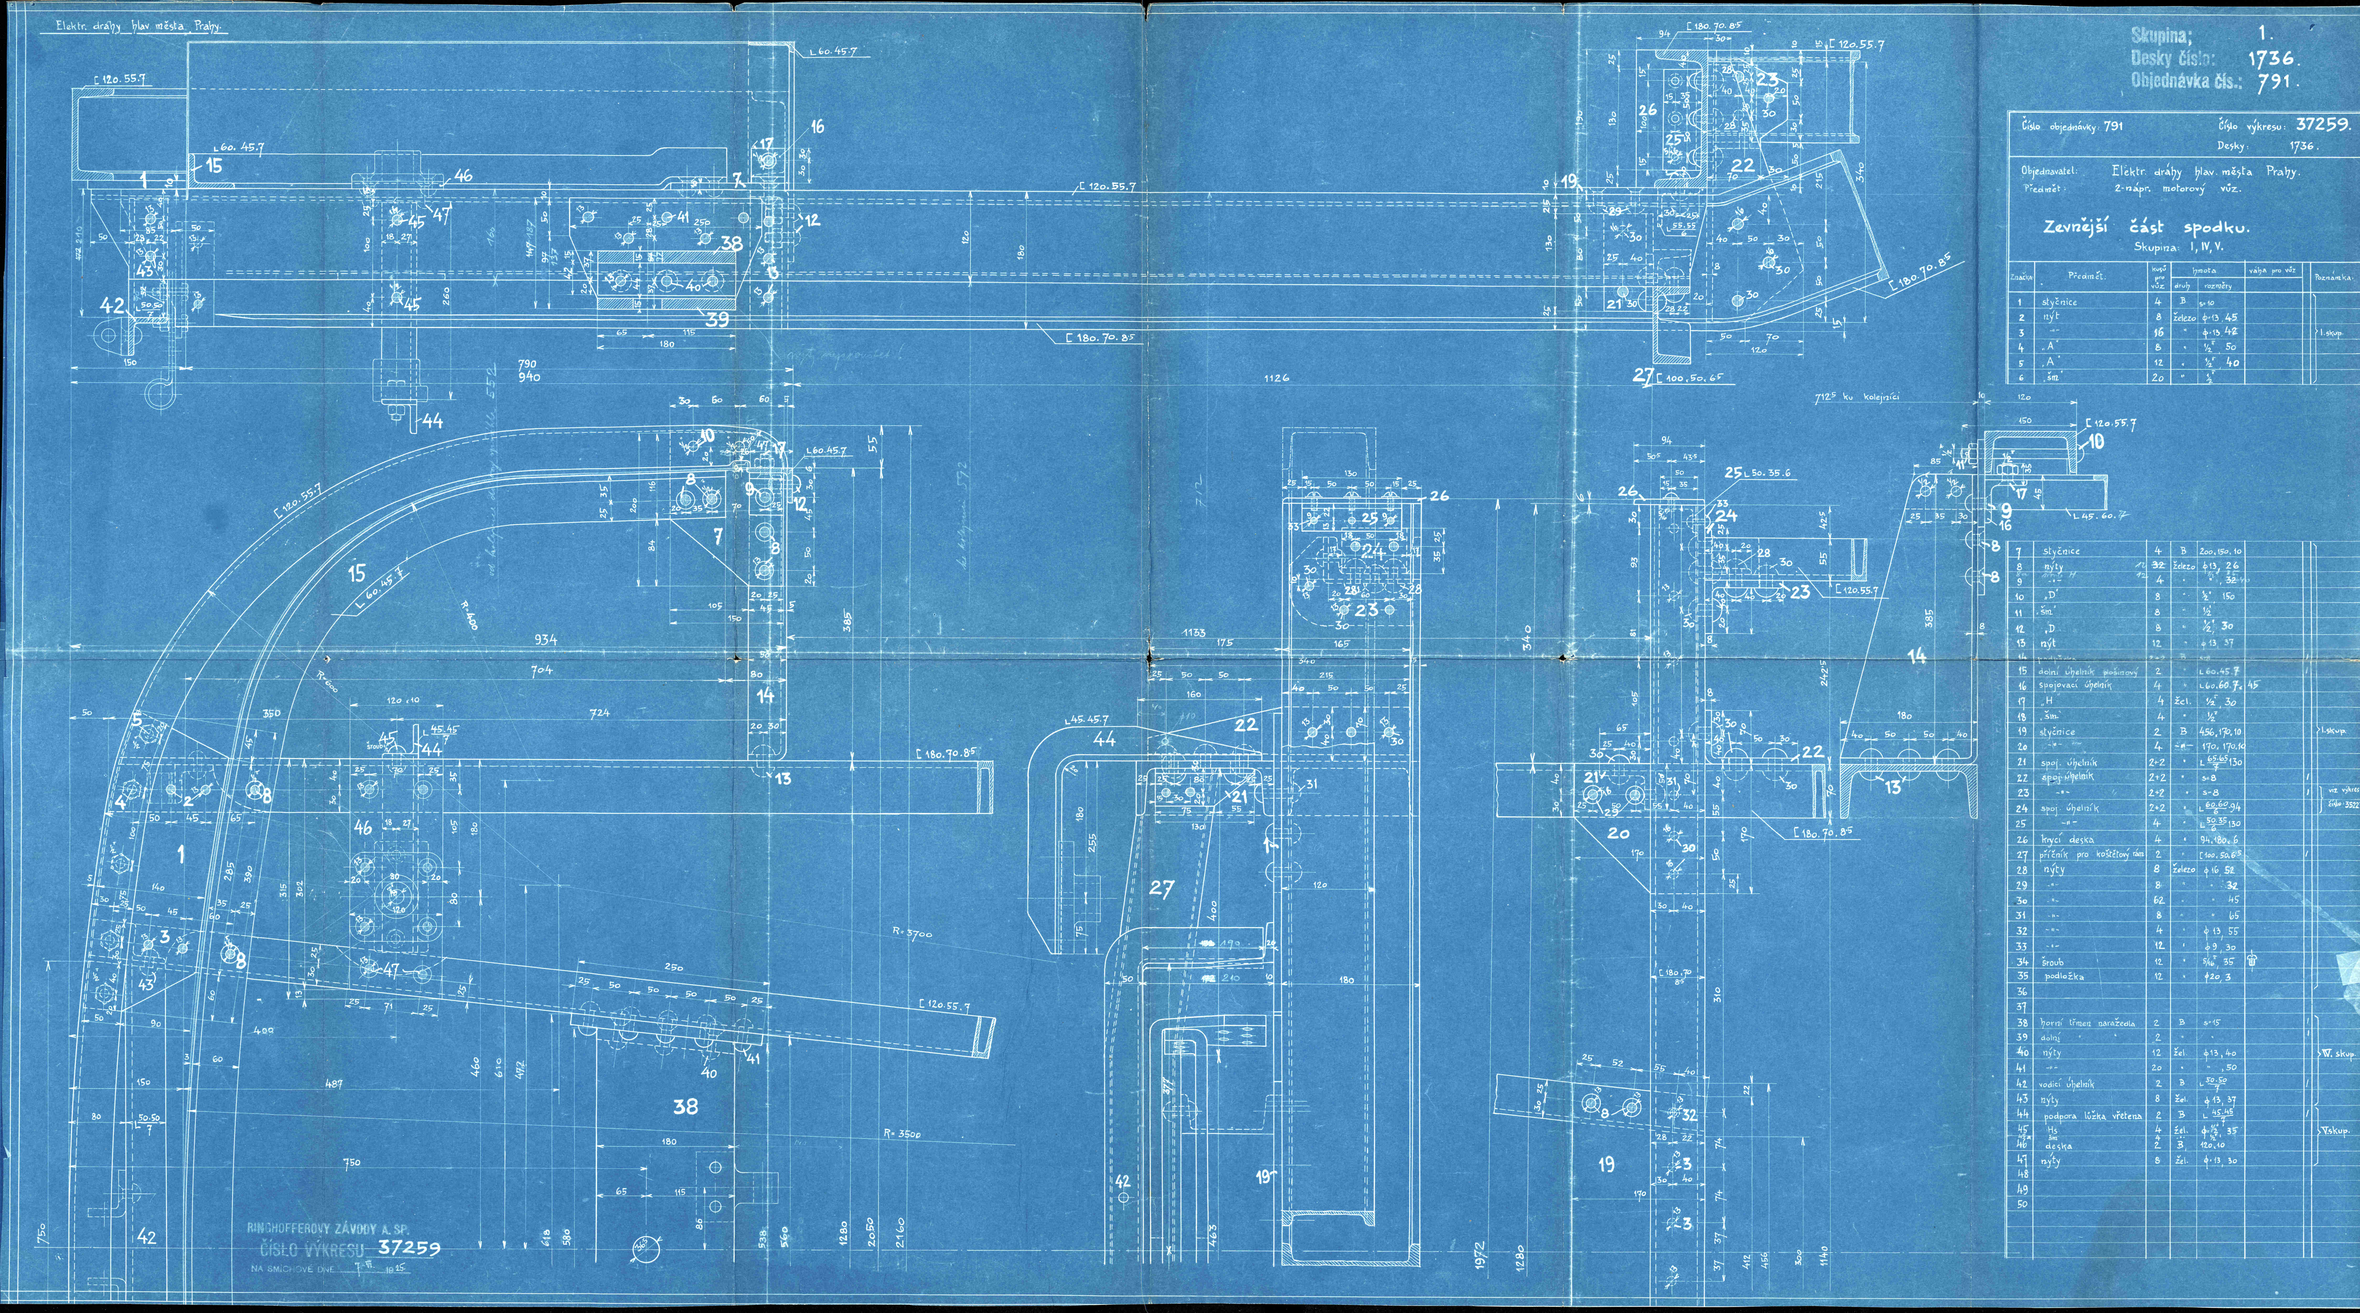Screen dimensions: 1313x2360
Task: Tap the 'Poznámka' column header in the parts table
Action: click(x=2334, y=278)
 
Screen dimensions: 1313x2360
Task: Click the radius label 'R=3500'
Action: click(x=902, y=1133)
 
